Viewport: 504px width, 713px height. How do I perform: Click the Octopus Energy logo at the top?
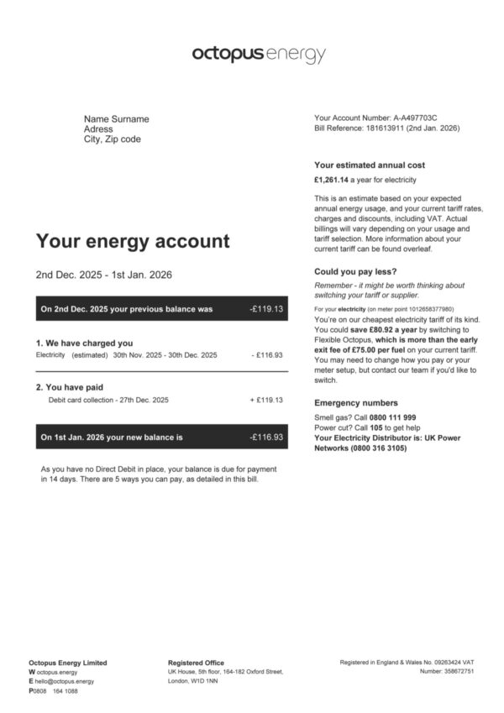tap(258, 55)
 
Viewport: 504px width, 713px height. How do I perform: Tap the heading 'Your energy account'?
tap(132, 241)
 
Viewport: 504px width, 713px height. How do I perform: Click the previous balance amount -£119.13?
tap(266, 309)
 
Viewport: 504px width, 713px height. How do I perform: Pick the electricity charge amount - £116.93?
tap(268, 355)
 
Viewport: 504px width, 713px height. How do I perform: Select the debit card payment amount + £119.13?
tap(266, 400)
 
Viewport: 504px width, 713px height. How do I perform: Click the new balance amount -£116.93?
tap(266, 437)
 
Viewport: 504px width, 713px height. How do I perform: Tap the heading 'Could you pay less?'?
tap(355, 271)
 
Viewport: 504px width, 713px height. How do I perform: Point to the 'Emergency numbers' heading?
tap(356, 403)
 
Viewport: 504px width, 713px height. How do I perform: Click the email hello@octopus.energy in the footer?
tap(65, 681)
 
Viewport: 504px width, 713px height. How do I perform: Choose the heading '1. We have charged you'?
tap(84, 343)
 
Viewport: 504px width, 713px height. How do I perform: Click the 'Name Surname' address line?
tap(116, 119)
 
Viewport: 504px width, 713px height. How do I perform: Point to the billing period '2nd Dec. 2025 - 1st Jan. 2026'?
tap(104, 275)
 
